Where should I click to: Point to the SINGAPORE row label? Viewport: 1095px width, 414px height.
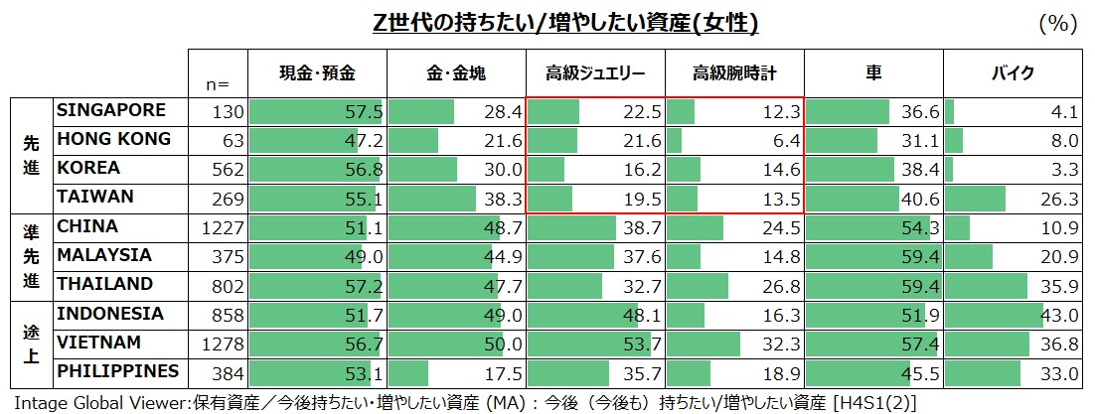(110, 110)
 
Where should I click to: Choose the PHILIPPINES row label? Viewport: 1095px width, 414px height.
(118, 371)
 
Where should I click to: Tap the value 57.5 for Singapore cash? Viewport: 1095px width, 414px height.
(364, 112)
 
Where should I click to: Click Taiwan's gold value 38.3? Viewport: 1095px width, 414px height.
(503, 199)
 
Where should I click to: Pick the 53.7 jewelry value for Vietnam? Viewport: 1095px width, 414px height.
(642, 345)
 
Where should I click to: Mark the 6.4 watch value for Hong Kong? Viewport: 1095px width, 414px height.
(786, 141)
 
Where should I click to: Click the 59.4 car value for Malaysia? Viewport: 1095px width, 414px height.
(920, 257)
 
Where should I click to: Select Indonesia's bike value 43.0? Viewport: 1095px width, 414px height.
(1059, 315)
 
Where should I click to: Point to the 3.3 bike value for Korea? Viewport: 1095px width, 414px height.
(1064, 170)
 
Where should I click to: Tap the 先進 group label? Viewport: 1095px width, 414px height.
(31, 154)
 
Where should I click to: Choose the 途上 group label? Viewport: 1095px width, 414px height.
(31, 344)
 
